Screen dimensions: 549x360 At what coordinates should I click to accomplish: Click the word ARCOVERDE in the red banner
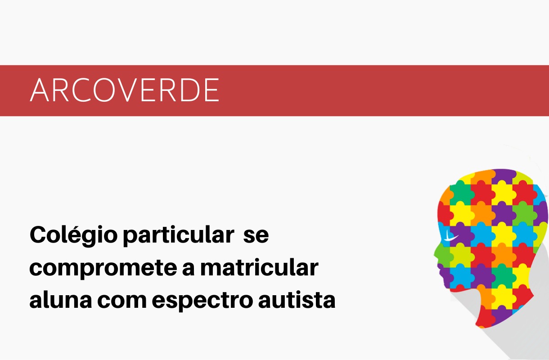click(x=124, y=90)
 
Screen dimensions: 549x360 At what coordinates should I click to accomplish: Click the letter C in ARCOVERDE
click(x=81, y=90)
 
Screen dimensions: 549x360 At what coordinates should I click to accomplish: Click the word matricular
click(x=259, y=267)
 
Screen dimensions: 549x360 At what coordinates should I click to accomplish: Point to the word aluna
click(x=61, y=300)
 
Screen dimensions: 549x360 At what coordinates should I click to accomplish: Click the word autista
click(x=297, y=300)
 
